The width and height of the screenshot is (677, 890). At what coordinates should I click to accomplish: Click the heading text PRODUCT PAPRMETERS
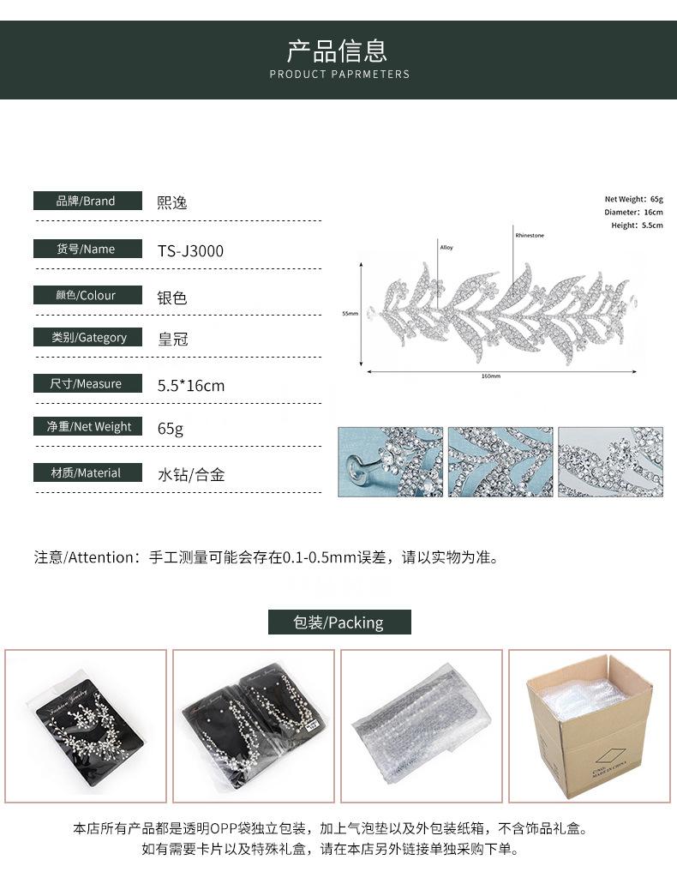tap(339, 75)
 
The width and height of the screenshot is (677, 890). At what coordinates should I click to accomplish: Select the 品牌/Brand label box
tap(87, 201)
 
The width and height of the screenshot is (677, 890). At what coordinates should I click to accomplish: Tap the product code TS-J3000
tap(190, 251)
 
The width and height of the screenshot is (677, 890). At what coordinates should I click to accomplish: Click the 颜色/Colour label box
tap(87, 295)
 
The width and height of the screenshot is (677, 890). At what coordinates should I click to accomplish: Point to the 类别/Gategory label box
tap(87, 338)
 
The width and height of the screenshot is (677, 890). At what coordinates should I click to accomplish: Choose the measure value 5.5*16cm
tap(190, 386)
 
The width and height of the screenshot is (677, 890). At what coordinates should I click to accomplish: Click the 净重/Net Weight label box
tap(87, 426)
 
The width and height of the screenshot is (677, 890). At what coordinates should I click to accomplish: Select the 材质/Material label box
tap(87, 472)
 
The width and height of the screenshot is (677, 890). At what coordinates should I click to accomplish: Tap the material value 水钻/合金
tap(190, 474)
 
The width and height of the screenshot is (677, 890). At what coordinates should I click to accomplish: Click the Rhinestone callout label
tap(530, 235)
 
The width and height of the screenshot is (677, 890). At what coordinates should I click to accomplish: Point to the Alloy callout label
tap(446, 248)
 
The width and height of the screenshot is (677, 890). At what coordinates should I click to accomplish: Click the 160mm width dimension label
tap(490, 376)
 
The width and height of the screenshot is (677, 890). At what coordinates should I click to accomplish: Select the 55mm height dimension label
tap(350, 314)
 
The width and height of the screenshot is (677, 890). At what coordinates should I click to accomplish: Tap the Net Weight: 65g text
tap(633, 199)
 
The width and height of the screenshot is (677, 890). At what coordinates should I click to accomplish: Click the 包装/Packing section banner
tap(339, 622)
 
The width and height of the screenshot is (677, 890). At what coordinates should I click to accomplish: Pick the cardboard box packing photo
tap(590, 726)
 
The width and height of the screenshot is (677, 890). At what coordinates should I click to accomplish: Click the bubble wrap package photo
tap(422, 726)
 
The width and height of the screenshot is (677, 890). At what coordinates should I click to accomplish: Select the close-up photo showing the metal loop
tap(390, 462)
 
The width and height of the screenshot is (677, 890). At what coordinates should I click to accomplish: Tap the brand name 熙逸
tap(171, 203)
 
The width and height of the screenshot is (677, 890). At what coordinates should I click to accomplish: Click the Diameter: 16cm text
tap(633, 212)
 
